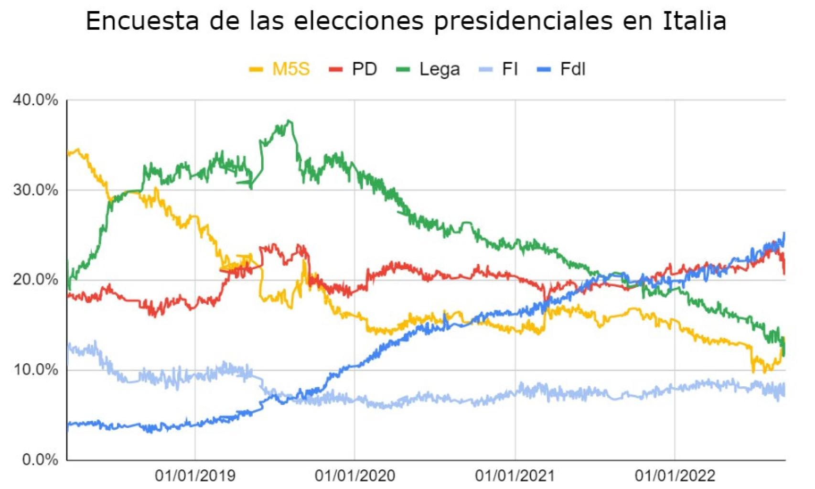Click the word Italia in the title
click(x=694, y=21)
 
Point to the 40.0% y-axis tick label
click(x=35, y=100)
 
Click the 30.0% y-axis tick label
click(x=35, y=190)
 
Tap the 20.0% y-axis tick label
click(x=35, y=280)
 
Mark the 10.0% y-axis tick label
click(x=35, y=370)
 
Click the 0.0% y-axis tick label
click(x=40, y=460)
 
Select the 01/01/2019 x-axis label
click(x=195, y=476)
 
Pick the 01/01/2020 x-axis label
click(x=355, y=476)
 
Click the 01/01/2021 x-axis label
click(x=515, y=476)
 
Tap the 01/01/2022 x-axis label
click(x=675, y=476)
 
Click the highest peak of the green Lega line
click(x=290, y=121)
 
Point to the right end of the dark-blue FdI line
click(x=784, y=233)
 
